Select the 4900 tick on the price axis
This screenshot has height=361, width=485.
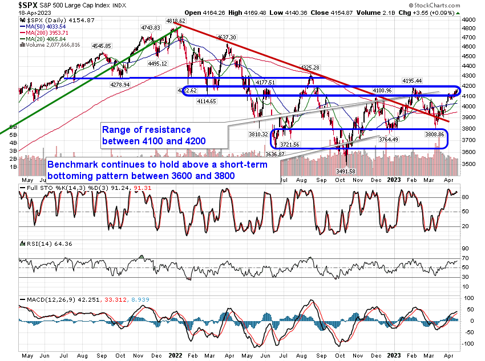coord(468,19)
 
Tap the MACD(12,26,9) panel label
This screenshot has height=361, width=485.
coord(47,299)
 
